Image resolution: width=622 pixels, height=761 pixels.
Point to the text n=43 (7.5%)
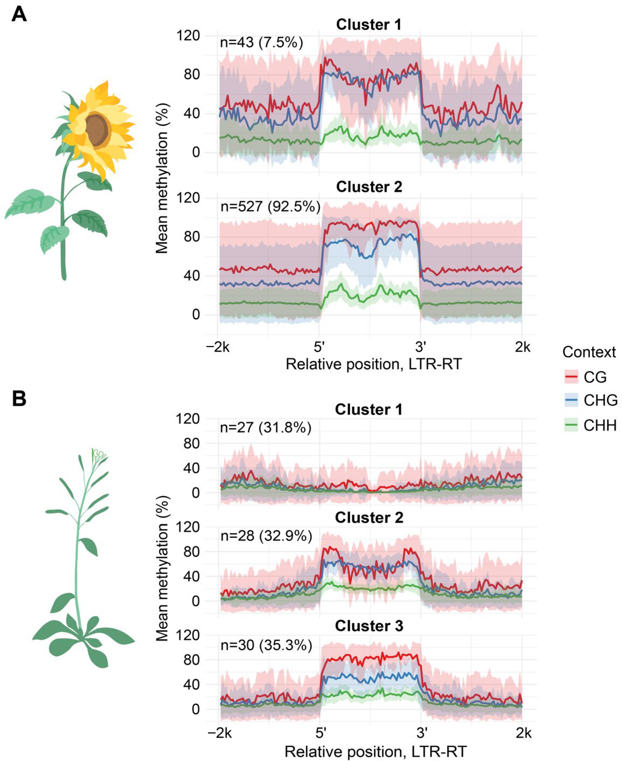(x=261, y=43)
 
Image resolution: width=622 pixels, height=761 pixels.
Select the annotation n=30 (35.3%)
(x=266, y=645)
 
